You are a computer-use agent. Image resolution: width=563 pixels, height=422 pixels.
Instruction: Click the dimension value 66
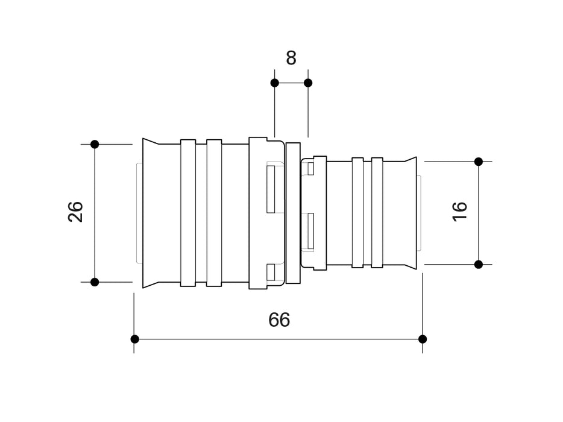pyautogui.click(x=279, y=320)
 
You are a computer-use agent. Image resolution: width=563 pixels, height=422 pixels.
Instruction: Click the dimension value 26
pyautogui.click(x=76, y=212)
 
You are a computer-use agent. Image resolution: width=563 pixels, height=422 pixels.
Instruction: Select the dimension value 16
pyautogui.click(x=459, y=211)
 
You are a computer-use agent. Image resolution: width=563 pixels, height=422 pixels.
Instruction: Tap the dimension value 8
pyautogui.click(x=291, y=58)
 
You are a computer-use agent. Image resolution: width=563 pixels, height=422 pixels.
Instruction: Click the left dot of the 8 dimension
pyautogui.click(x=274, y=83)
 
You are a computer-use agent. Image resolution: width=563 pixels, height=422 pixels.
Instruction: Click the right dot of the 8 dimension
pyautogui.click(x=308, y=83)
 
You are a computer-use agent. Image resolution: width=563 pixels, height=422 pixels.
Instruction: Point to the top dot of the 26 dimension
pyautogui.click(x=95, y=144)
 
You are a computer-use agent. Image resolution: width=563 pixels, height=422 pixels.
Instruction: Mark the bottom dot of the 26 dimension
pyautogui.click(x=95, y=282)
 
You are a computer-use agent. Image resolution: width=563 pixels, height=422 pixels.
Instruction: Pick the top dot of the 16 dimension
pyautogui.click(x=479, y=162)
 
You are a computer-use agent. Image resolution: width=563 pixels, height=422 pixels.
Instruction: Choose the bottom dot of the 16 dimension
pyautogui.click(x=479, y=264)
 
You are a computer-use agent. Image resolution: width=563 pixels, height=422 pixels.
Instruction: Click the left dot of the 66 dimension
pyautogui.click(x=134, y=339)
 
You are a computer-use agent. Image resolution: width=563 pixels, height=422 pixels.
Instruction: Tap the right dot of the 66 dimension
pyautogui.click(x=422, y=339)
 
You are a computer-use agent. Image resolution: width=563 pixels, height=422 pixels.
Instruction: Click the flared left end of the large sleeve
pyautogui.click(x=149, y=213)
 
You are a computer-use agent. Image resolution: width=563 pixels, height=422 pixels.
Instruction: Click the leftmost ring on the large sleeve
pyautogui.click(x=188, y=213)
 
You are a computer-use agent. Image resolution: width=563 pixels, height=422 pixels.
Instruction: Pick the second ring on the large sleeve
pyautogui.click(x=214, y=213)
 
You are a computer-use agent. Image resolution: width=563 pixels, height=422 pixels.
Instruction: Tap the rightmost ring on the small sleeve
pyautogui.click(x=377, y=213)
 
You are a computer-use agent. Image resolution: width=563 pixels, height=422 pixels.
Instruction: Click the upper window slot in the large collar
pyautogui.click(x=271, y=188)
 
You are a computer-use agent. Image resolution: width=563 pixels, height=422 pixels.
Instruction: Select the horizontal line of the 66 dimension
pyautogui.click(x=241, y=339)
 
